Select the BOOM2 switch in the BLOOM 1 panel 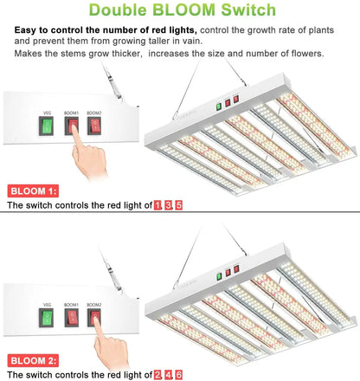pyautogui.click(x=95, y=128)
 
